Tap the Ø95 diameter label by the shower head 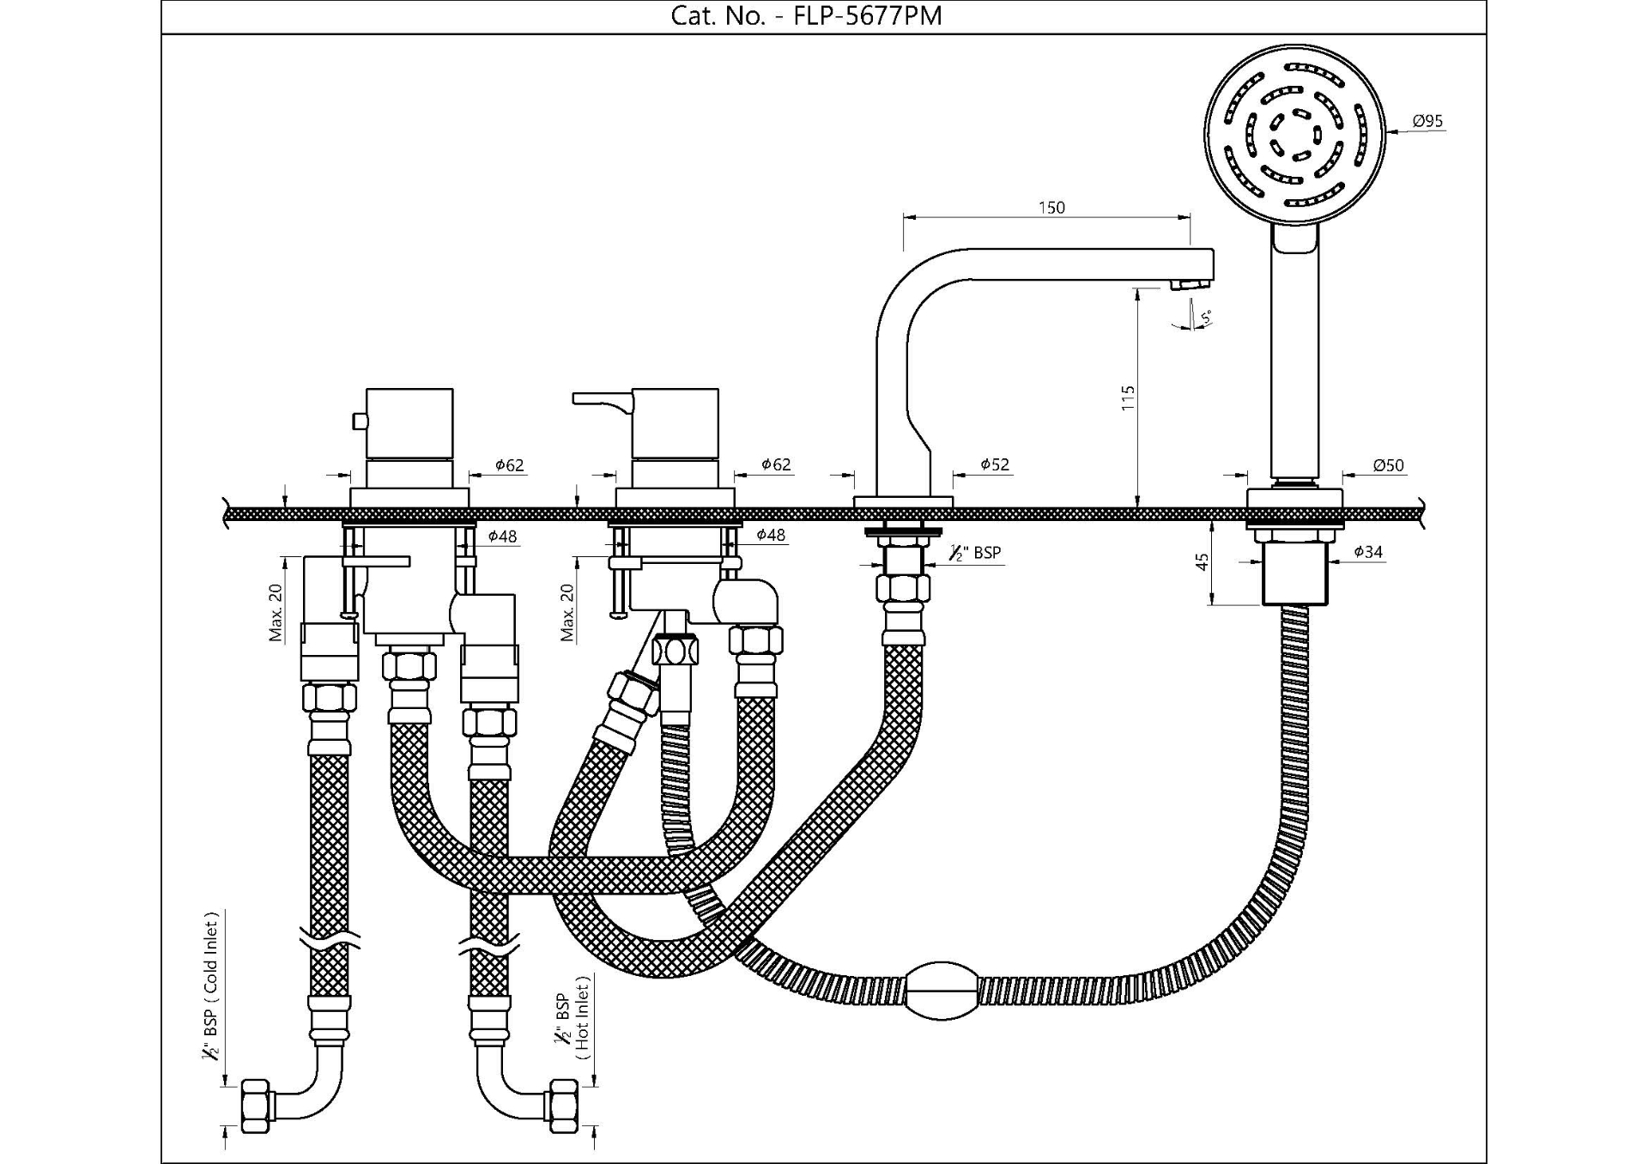[x=1427, y=121]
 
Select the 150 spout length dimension [x=1051, y=208]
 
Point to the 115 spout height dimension [x=1128, y=397]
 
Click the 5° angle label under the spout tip [x=1205, y=318]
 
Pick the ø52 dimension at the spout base [x=995, y=464]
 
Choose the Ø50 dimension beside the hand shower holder [x=1388, y=465]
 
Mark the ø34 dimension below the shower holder [x=1368, y=552]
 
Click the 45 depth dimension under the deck [x=1203, y=562]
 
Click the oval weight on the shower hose [x=942, y=991]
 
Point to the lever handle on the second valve [x=602, y=398]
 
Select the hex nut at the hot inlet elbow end [x=563, y=1106]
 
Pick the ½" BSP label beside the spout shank [x=976, y=553]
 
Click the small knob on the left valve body [x=360, y=421]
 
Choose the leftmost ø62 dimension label [x=509, y=465]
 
